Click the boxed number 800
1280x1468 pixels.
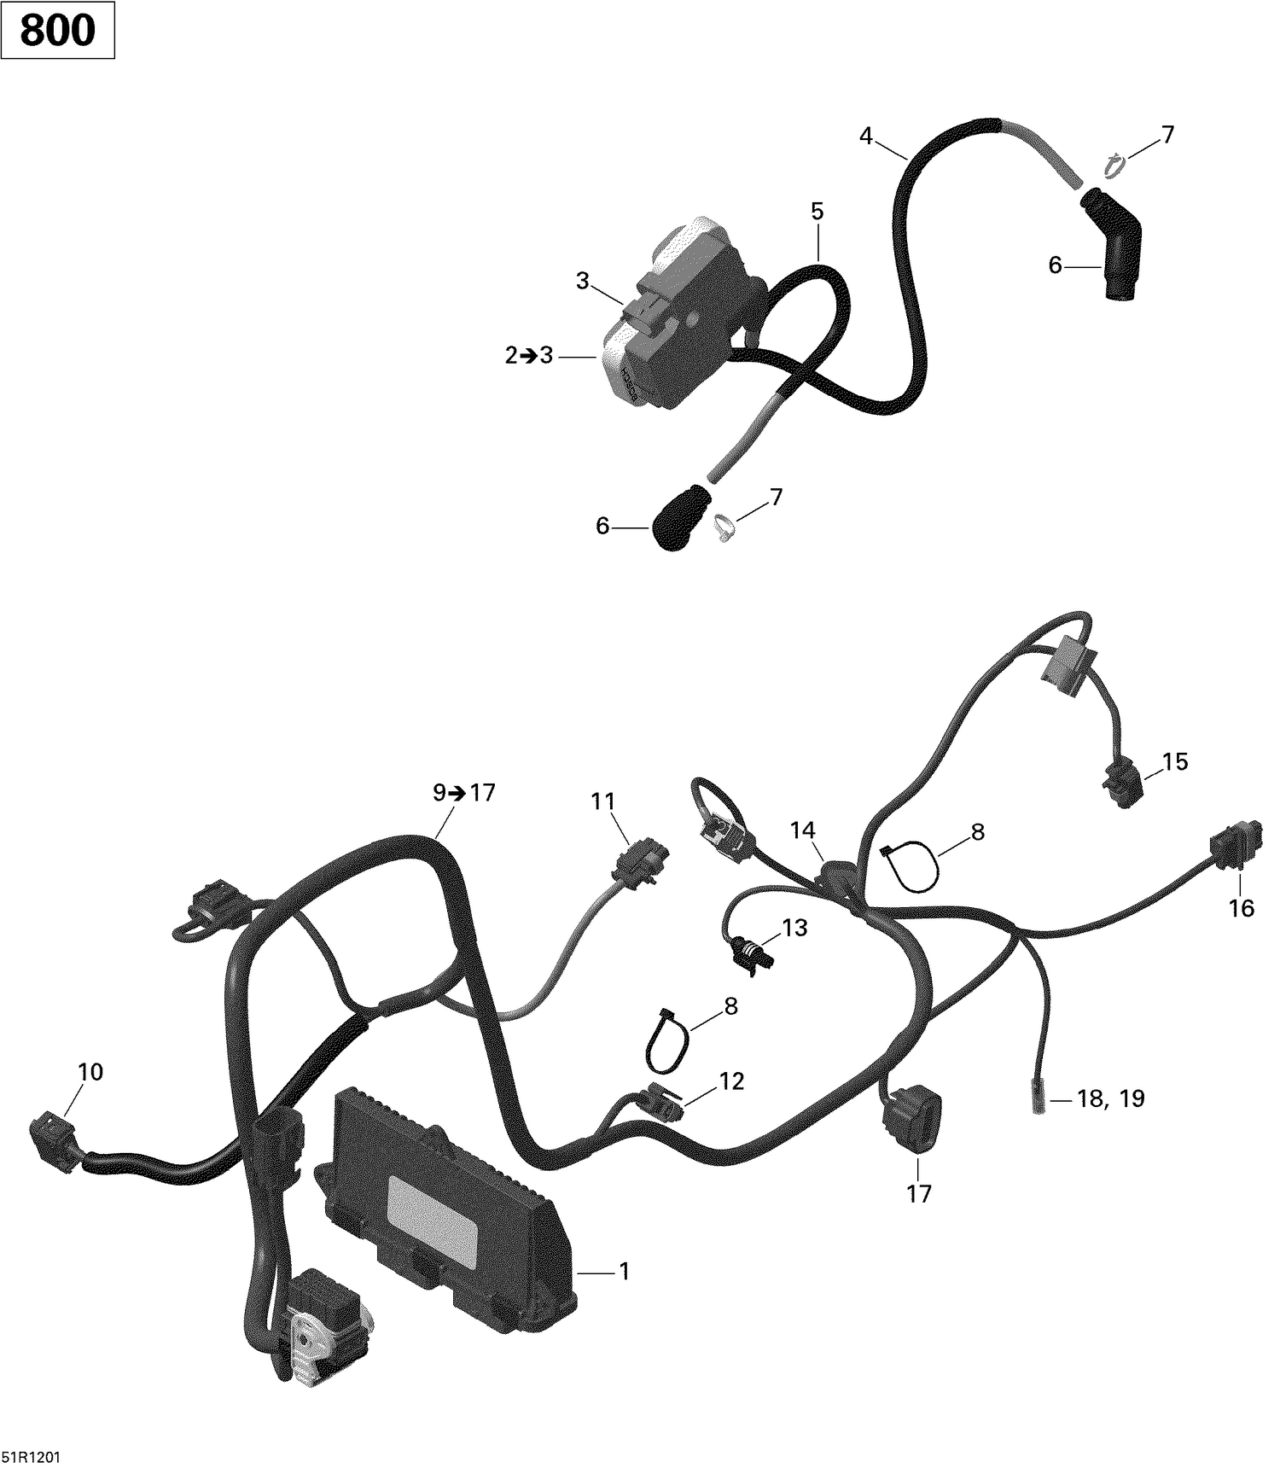(x=57, y=31)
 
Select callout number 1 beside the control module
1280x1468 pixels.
(x=624, y=1272)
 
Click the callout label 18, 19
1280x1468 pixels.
(x=1110, y=1098)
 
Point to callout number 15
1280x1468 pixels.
(x=1174, y=761)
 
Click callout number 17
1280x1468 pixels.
(x=918, y=1193)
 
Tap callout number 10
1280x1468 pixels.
(x=90, y=1072)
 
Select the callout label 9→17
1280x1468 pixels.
(x=463, y=793)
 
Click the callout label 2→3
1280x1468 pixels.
(x=529, y=355)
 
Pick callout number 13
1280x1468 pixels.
(x=794, y=928)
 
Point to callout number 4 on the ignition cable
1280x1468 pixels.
(x=866, y=136)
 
